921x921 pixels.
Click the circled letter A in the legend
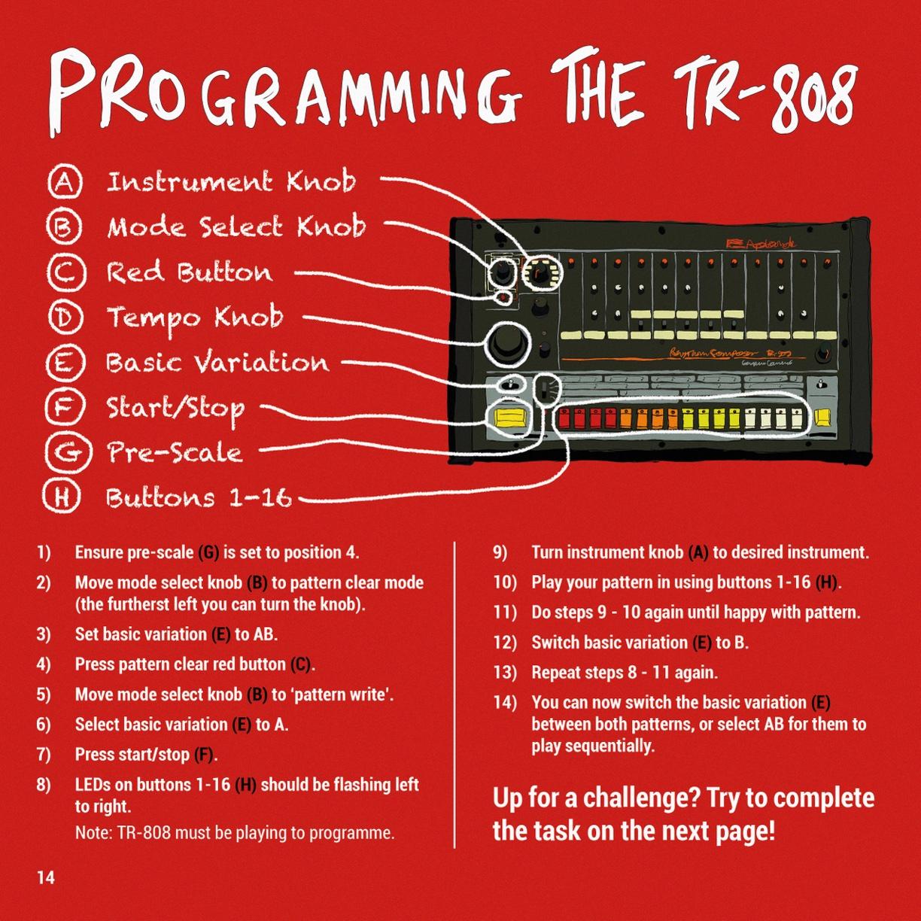coord(65,181)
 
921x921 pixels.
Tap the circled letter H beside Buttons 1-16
coord(62,496)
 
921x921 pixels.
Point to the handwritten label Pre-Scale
coord(175,451)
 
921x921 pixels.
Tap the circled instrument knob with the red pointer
coord(541,273)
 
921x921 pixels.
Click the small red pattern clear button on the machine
coord(503,299)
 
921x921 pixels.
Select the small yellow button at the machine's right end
coord(822,418)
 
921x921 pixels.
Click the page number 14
coord(46,877)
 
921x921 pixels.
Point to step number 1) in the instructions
coord(44,553)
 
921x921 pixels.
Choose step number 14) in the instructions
coord(505,703)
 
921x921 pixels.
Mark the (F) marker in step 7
coord(204,755)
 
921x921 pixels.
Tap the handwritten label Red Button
coord(189,272)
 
